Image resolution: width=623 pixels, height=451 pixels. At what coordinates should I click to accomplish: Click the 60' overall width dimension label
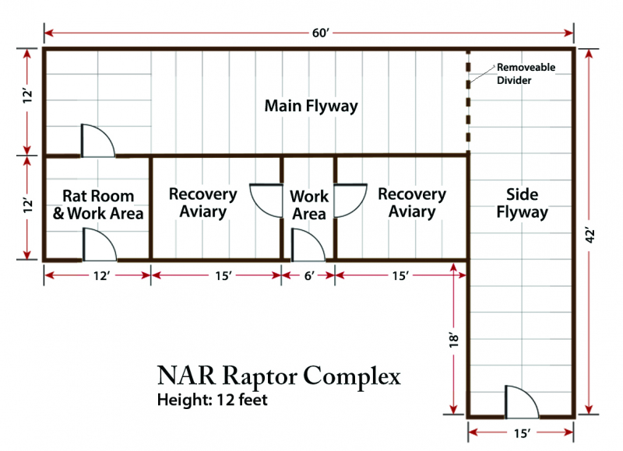pyautogui.click(x=309, y=33)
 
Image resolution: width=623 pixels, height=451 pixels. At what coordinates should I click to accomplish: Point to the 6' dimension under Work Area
pyautogui.click(x=308, y=274)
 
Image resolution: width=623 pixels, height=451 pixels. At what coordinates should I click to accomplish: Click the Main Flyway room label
pyautogui.click(x=311, y=106)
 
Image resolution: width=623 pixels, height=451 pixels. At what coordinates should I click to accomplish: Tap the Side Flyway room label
pyautogui.click(x=522, y=202)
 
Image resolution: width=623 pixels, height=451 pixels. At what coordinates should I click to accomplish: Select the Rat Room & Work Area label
pyautogui.click(x=97, y=205)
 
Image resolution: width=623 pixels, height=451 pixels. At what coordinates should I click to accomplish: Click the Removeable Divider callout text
pyautogui.click(x=526, y=73)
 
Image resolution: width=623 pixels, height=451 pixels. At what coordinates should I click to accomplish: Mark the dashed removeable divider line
pyautogui.click(x=468, y=101)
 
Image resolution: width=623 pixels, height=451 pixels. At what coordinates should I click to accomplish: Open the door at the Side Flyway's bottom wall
pyautogui.click(x=518, y=402)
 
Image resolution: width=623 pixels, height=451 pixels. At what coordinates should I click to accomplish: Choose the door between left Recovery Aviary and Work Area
pyautogui.click(x=266, y=201)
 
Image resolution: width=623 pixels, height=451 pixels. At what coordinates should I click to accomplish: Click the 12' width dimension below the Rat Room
pyautogui.click(x=97, y=274)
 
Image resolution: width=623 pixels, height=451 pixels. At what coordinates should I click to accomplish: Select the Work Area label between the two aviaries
pyautogui.click(x=308, y=205)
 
